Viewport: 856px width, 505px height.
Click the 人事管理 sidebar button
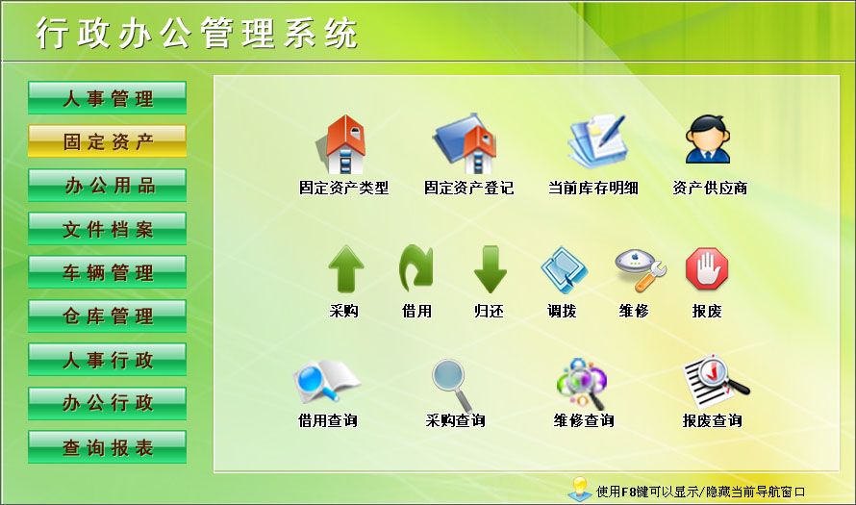(x=107, y=98)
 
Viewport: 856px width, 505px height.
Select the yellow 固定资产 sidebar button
(x=107, y=141)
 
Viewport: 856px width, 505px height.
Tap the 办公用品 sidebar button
(x=107, y=185)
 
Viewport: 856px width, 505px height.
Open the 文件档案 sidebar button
(x=107, y=229)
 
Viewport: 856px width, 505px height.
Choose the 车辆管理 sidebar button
(x=107, y=272)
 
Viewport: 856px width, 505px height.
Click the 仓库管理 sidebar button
(x=107, y=316)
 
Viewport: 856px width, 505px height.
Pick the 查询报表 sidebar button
(x=107, y=447)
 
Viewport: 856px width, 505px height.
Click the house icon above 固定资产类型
(x=343, y=144)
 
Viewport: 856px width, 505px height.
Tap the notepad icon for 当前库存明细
(x=593, y=142)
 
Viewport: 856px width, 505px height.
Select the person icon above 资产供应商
(x=708, y=140)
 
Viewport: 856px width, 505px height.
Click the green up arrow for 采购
(x=344, y=269)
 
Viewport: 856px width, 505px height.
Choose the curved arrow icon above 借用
(x=416, y=268)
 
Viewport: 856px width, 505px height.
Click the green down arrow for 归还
(x=490, y=269)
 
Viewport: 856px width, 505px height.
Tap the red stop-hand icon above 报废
(x=707, y=268)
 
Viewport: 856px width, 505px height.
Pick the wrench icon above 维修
(x=635, y=269)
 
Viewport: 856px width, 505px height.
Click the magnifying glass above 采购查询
(x=451, y=384)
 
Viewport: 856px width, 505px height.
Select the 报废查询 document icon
(x=713, y=382)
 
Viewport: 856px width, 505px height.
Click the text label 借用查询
(x=328, y=420)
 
